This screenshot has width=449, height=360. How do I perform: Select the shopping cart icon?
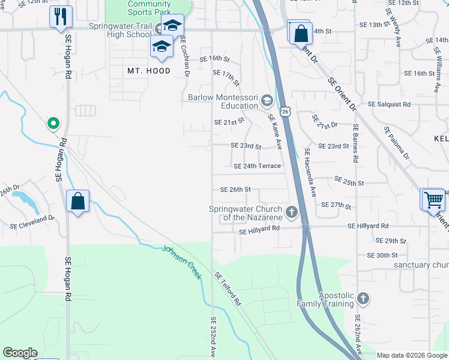(433, 199)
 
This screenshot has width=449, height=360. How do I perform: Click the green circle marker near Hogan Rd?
(53, 124)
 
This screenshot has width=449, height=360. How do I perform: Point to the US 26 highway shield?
(286, 112)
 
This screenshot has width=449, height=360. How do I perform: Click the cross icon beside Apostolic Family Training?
(363, 298)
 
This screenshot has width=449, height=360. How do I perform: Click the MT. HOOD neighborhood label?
(149, 71)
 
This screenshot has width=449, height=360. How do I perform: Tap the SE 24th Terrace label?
(257, 166)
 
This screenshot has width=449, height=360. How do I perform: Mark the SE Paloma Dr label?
(397, 143)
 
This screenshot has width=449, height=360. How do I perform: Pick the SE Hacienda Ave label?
(311, 173)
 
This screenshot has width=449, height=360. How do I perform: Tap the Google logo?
(20, 353)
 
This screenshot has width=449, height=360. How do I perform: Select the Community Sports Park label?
(149, 7)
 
